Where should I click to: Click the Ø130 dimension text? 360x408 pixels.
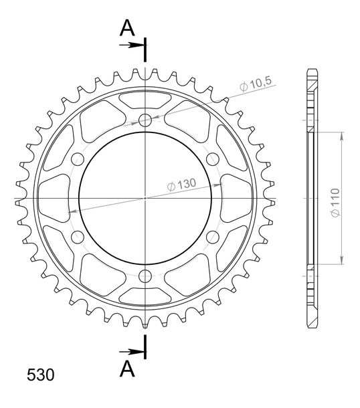181,184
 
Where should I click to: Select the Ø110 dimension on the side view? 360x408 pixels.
335,203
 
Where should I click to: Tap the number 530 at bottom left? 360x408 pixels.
41,375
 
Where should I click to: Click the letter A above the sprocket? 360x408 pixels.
127,28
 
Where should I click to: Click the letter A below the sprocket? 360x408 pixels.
127,369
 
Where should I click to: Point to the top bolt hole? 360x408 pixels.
145,120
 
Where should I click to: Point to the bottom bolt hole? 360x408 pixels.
145,276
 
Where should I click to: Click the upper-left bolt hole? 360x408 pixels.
78,159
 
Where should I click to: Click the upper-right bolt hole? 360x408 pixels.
213,159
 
